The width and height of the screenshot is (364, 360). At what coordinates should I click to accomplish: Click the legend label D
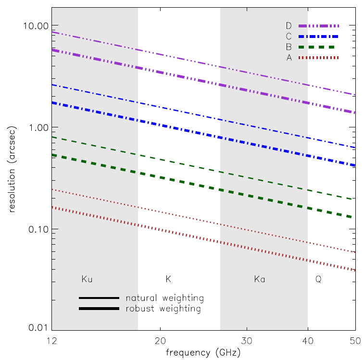pos(289,25)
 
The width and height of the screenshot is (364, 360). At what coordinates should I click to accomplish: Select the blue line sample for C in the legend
pos(318,37)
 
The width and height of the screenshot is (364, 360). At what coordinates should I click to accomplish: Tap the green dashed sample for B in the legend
pos(318,47)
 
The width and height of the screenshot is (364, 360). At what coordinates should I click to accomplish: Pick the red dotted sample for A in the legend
pos(318,58)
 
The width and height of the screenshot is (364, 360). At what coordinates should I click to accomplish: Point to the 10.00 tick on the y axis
pos(36,25)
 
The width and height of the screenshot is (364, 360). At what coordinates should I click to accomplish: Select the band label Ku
pos(87,279)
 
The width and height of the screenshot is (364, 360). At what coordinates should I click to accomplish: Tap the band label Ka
pos(260,279)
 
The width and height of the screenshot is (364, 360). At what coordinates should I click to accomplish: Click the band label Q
pos(318,279)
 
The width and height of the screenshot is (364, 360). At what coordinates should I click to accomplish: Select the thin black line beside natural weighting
pos(99,298)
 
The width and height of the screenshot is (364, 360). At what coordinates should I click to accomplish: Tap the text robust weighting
pos(163,309)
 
